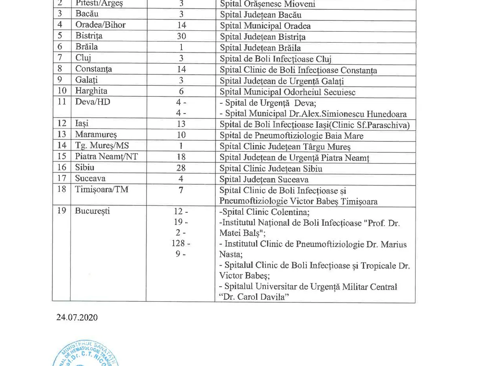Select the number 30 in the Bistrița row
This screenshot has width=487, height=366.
181,36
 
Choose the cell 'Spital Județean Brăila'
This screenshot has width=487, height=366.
260,48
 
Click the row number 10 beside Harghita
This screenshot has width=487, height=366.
62,91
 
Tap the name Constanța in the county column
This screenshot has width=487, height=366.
93,69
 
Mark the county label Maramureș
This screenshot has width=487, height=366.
96,135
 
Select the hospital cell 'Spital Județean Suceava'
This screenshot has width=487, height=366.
264,179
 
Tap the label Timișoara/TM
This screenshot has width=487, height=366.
101,189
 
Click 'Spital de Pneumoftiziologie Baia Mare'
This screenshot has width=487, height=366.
291,136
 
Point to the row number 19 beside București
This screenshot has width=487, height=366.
62,211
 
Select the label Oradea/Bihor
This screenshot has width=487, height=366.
100,25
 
